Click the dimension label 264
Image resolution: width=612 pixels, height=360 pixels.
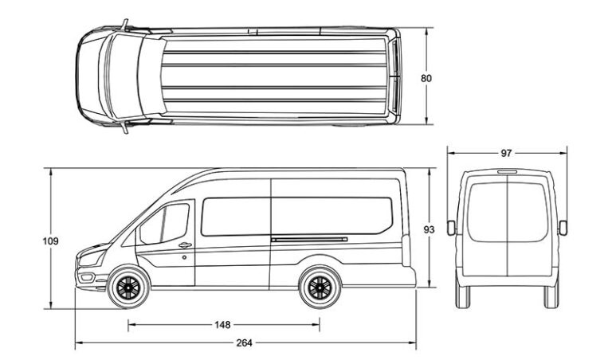(244, 343)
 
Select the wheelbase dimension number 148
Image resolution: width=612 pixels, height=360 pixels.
(222, 324)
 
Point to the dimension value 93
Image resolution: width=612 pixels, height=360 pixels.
(430, 229)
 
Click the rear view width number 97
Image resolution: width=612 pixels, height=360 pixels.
(507, 152)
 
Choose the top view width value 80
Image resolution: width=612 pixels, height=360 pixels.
(427, 78)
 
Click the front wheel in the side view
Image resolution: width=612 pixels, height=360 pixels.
(126, 288)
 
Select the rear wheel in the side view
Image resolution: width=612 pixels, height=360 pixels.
(320, 288)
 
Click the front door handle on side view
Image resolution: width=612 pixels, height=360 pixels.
(185, 245)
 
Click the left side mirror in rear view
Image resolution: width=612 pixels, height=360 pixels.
(451, 228)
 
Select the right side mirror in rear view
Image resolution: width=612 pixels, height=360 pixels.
(563, 228)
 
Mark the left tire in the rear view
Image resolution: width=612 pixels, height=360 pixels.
(464, 295)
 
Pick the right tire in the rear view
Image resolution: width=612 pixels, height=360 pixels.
(551, 295)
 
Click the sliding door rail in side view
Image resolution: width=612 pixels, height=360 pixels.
(309, 238)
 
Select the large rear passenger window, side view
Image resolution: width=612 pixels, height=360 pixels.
(335, 215)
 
